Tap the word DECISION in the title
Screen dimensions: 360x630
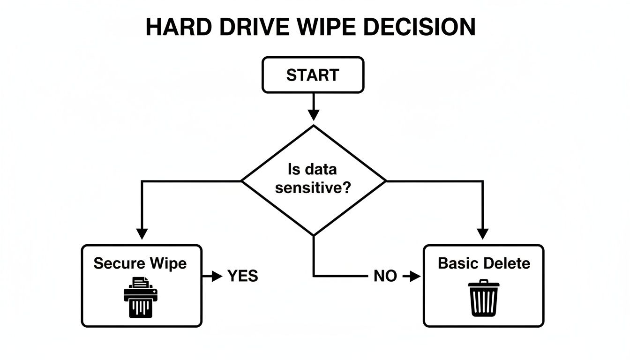(x=420, y=28)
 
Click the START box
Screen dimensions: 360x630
(x=313, y=75)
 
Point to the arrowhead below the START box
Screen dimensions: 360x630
(x=313, y=115)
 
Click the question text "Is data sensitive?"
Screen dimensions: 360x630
(x=313, y=179)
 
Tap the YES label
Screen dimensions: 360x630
(x=242, y=277)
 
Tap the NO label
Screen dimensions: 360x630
(x=385, y=277)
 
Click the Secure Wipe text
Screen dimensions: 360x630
(x=140, y=263)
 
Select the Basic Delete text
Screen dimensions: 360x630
(x=484, y=263)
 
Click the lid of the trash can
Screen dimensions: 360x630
(x=484, y=284)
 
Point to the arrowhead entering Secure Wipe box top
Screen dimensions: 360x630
(x=142, y=233)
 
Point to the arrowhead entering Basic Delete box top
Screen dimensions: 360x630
(x=483, y=233)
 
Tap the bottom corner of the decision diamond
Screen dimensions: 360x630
(x=313, y=234)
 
